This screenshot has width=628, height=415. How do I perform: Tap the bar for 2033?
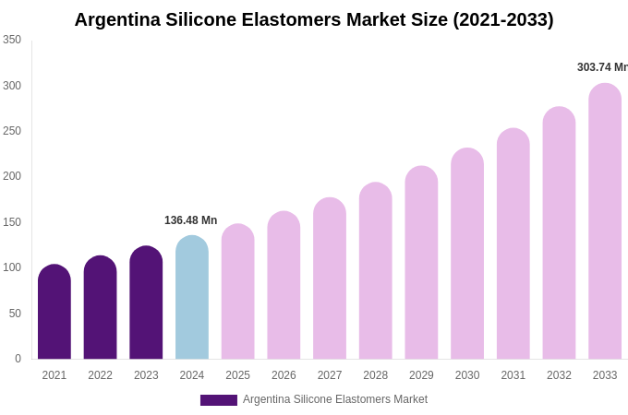(x=605, y=221)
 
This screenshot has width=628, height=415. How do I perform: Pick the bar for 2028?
(x=376, y=271)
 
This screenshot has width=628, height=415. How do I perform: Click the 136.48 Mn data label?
(x=190, y=220)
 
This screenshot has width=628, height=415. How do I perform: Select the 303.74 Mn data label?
(x=601, y=67)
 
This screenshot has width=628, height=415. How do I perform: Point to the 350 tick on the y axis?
(x=12, y=40)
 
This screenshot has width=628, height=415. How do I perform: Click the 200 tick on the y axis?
(x=12, y=176)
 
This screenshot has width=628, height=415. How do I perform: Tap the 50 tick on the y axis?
(x=15, y=314)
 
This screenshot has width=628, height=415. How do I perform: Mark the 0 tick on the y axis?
(x=18, y=359)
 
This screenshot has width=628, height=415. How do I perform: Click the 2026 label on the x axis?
(x=284, y=375)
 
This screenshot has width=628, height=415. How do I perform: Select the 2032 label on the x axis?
(x=559, y=375)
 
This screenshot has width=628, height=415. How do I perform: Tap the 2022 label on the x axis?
(x=100, y=375)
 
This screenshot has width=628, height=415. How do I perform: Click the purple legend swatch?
(x=219, y=400)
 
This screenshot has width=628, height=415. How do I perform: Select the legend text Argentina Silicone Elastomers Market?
(x=335, y=399)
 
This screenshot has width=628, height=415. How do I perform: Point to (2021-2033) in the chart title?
(x=502, y=19)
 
